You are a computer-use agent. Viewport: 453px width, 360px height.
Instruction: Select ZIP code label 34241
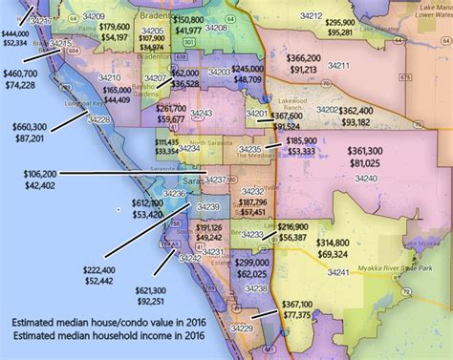coord(339,272)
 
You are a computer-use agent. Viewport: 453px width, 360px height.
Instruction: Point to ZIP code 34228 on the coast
coord(98,119)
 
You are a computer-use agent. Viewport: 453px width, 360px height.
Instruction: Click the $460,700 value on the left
coord(21,73)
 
